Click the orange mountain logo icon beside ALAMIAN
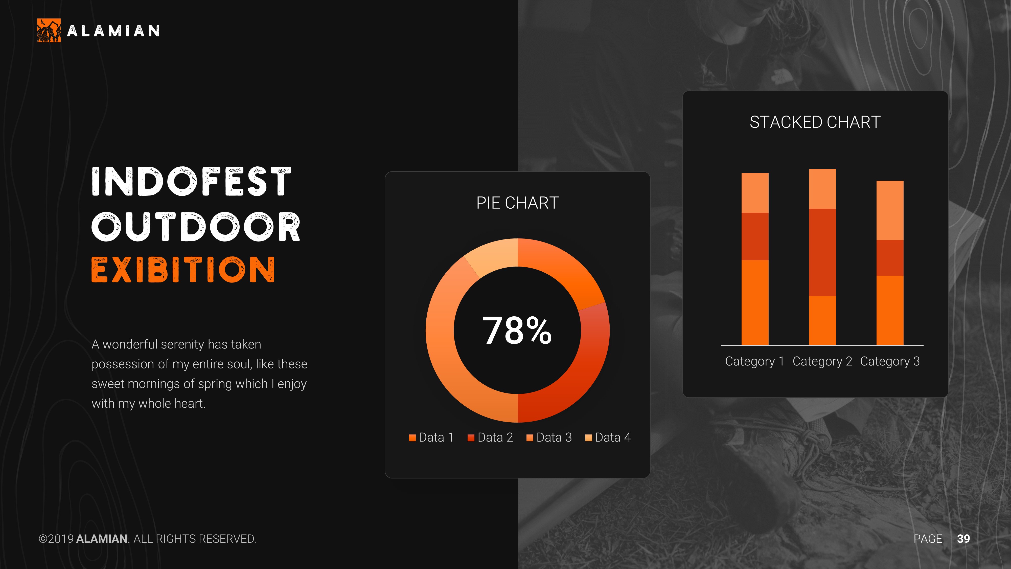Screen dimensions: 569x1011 pos(49,30)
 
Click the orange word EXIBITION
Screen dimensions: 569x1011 pos(183,270)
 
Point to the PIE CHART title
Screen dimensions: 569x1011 pos(517,203)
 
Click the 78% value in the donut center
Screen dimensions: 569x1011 pos(517,331)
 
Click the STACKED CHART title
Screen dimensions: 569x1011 pos(815,122)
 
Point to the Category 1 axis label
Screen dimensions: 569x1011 pos(754,361)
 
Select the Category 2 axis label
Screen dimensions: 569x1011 pos(822,361)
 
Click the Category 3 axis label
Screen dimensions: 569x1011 pos(890,361)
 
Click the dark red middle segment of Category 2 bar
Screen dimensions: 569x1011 pos(822,252)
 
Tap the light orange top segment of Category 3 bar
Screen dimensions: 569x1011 pos(890,210)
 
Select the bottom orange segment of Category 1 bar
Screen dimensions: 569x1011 pos(755,302)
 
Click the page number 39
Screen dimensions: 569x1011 pos(963,539)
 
